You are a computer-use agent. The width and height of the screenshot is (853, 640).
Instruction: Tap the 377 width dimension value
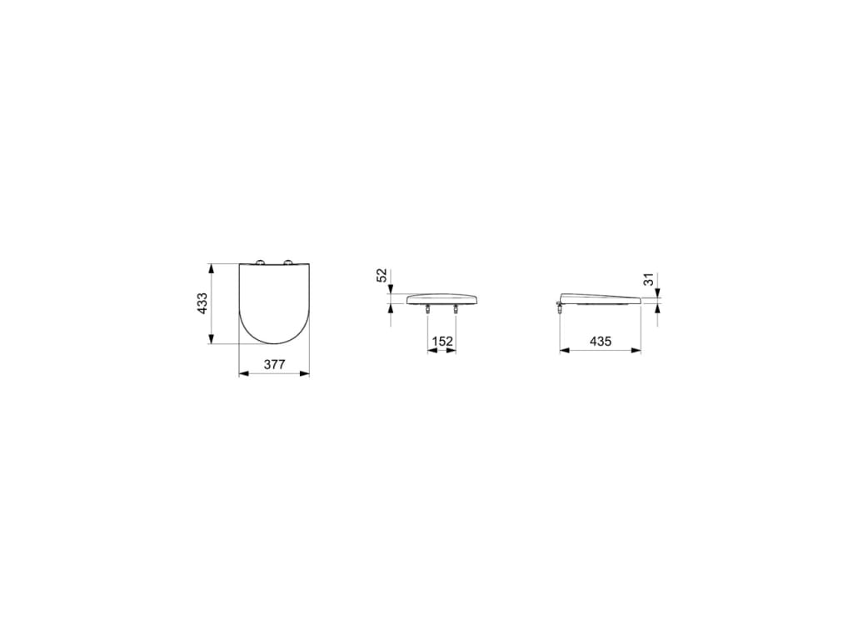coord(274,364)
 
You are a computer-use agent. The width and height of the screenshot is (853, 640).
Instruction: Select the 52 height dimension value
coord(381,275)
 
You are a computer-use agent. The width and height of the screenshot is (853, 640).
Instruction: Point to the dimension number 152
coord(441,341)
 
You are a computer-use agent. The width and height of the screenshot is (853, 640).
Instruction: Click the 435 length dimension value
coord(600,341)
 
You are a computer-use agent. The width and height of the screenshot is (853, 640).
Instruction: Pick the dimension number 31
coord(650,280)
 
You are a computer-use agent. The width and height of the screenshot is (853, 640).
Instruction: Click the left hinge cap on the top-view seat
coord(259,262)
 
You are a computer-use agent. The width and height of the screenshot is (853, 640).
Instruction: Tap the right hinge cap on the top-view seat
coord(290,262)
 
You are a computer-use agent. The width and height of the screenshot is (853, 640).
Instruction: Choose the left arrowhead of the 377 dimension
coord(243,373)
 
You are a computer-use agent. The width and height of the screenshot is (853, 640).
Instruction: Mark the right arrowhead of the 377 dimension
coord(305,373)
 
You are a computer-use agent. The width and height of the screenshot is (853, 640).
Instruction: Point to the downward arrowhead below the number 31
coord(658,292)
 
